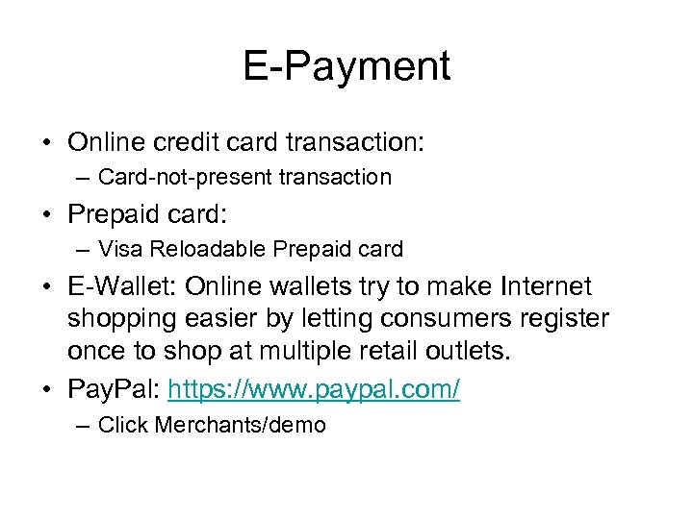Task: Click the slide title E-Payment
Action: point(346,66)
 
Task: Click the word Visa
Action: point(118,249)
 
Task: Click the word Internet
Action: point(545,286)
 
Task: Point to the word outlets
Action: point(471,350)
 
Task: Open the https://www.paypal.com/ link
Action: point(314,389)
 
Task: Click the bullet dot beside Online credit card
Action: point(46,143)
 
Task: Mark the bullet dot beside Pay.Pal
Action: point(46,389)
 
